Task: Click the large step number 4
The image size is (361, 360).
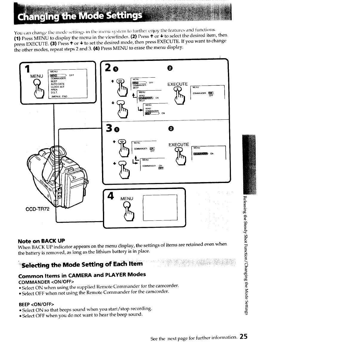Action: tap(110, 196)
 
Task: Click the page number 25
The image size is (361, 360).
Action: tap(243, 337)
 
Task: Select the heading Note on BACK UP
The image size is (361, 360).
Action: tap(41, 241)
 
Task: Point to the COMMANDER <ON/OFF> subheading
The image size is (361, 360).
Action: tap(46, 282)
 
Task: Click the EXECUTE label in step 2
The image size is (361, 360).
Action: tap(178, 84)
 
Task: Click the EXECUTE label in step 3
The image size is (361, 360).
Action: tap(179, 145)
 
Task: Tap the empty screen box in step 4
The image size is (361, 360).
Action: tap(160, 207)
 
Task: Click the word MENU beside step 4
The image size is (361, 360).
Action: tap(127, 199)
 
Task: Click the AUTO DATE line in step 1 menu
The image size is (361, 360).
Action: tap(58, 84)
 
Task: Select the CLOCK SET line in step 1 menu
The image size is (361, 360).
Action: tap(58, 87)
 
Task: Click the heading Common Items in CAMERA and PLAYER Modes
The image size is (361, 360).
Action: tap(82, 275)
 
